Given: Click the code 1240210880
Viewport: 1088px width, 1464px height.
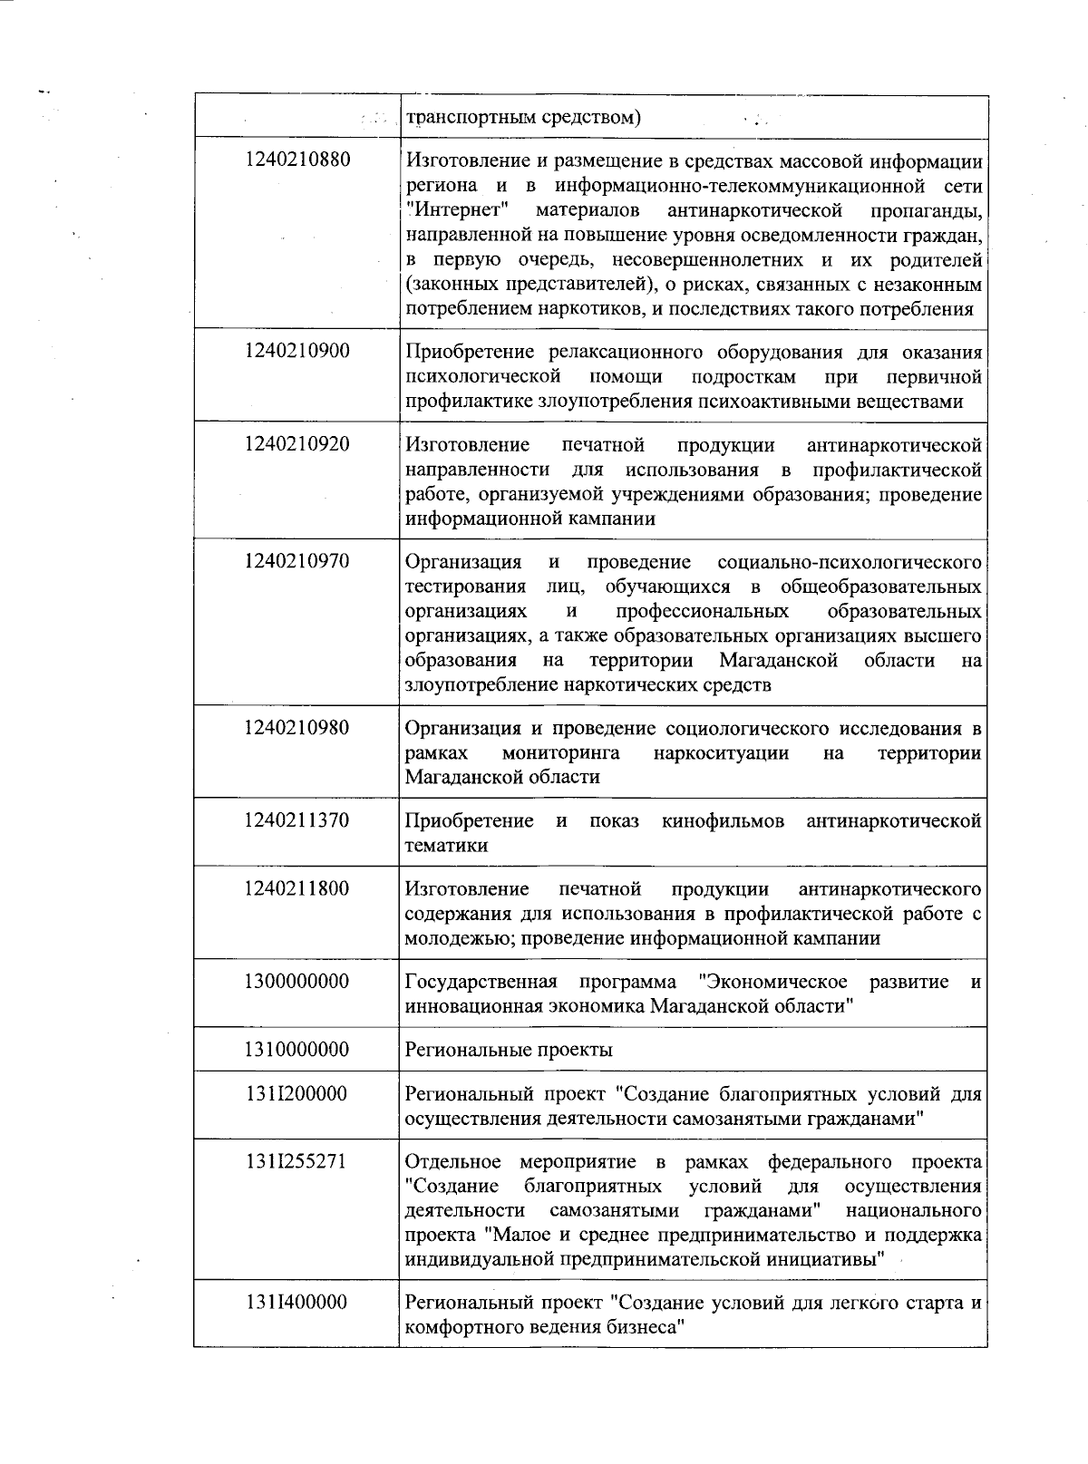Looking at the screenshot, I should click(x=296, y=160).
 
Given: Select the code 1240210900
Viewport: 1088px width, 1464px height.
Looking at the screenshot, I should click(x=296, y=351).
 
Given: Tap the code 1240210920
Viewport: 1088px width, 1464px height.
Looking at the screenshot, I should click(x=296, y=444).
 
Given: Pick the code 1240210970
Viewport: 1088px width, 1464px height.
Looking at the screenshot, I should click(x=296, y=561).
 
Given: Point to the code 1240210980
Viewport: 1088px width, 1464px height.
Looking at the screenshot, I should click(x=296, y=728).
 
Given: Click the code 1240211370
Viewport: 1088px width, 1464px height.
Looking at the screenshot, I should click(x=296, y=820).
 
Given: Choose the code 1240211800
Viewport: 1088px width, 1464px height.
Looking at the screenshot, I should click(x=296, y=888).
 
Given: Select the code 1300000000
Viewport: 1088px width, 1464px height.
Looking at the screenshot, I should click(x=296, y=982).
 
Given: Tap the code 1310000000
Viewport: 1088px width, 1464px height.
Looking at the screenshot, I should click(x=296, y=1050).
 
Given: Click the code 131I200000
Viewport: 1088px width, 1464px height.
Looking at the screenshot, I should click(x=296, y=1094).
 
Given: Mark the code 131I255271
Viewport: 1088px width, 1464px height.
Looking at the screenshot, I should click(x=296, y=1162).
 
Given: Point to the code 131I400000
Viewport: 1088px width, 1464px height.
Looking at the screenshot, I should click(x=296, y=1303).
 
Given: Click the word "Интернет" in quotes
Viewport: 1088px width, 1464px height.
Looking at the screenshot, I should click(x=456, y=210).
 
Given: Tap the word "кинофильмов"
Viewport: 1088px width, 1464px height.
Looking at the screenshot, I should click(x=723, y=820).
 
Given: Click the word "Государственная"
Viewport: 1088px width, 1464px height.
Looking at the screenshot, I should click(x=481, y=982).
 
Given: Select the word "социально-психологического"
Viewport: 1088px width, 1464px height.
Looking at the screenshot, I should click(x=849, y=561).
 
